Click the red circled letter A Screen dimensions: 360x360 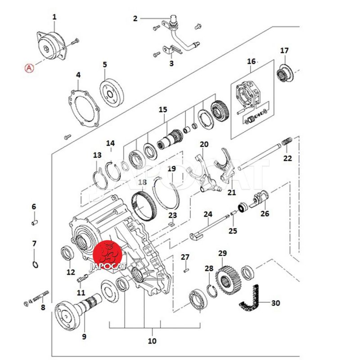click(x=29, y=68)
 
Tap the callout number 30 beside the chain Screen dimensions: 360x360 click(x=275, y=303)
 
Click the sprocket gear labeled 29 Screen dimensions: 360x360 click(x=228, y=282)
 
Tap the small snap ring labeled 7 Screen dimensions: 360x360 click(x=35, y=265)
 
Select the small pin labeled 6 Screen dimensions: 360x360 click(x=35, y=222)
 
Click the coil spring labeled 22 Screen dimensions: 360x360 click(x=287, y=141)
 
